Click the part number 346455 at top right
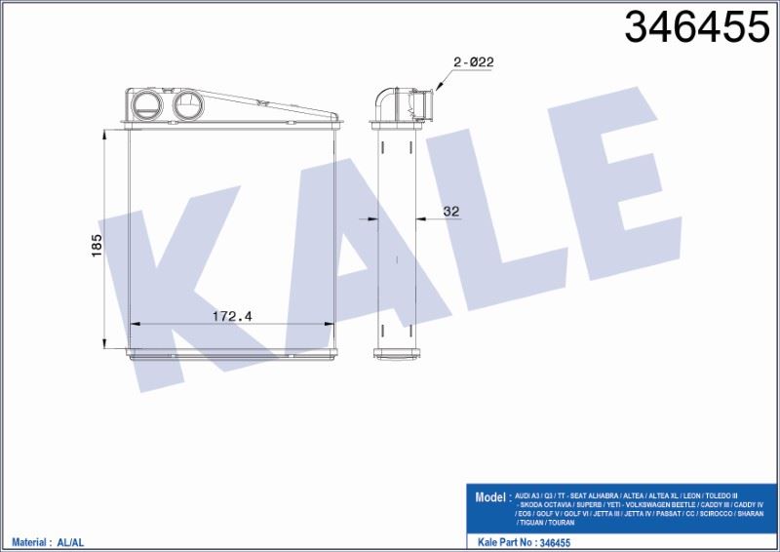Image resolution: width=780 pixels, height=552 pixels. coord(696,28)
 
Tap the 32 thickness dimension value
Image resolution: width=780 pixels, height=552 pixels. coord(450,211)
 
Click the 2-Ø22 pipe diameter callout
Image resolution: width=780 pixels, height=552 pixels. coord(474,61)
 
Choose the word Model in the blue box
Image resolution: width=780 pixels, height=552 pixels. coord(490,496)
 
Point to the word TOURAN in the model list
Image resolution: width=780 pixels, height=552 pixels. coord(562,523)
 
